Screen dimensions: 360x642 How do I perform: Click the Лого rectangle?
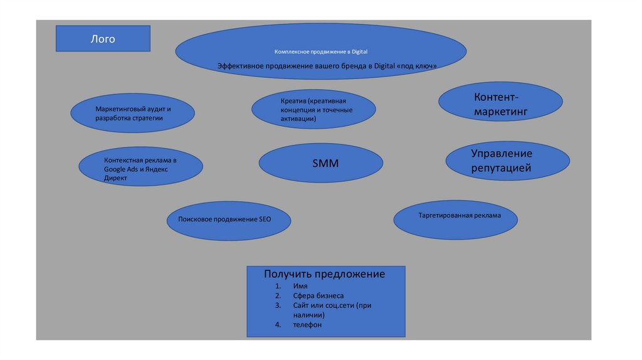tap(103, 38)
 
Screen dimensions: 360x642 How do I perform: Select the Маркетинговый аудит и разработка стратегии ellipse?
tap(132, 114)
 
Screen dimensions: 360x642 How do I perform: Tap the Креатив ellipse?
tap(313, 110)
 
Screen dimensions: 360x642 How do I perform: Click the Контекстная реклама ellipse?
tap(140, 166)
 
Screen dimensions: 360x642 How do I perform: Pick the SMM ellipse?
tap(320, 163)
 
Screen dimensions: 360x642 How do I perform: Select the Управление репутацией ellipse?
tap(507, 161)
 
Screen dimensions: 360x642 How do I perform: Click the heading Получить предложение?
tap(324, 275)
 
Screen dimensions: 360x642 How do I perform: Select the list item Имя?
tap(300, 286)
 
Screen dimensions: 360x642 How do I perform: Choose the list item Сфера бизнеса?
tap(318, 295)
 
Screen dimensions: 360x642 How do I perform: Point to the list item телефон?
tap(307, 325)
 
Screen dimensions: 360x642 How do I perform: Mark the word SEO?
tap(265, 220)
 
